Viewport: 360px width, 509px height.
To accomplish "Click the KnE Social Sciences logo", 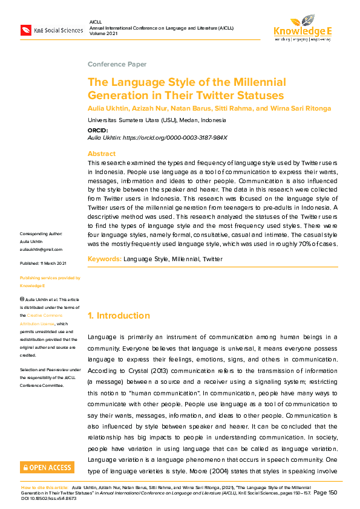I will [x=51, y=30].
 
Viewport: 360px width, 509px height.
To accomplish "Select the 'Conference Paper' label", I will [x=117, y=64].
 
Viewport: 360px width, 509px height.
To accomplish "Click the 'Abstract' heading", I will [x=101, y=154].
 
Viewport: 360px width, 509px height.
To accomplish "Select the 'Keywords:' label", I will [x=104, y=259].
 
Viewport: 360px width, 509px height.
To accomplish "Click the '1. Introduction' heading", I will [x=119, y=316].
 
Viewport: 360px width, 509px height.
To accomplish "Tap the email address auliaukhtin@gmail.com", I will [x=41, y=249].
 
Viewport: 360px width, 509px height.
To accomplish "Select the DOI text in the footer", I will [x=47, y=498].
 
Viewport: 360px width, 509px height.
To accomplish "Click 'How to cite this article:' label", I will [x=45, y=487].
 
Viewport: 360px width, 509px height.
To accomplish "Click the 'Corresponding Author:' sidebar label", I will [x=45, y=233].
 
